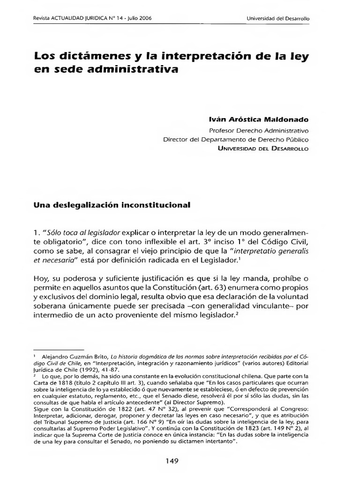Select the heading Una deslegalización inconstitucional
112,205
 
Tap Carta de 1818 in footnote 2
54,383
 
